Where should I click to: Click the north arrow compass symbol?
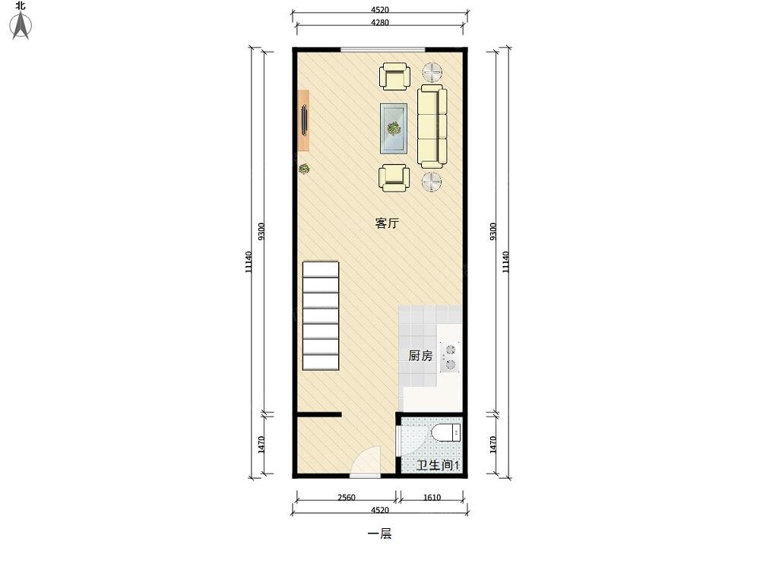[x=21, y=25]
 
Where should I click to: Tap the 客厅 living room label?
[x=388, y=223]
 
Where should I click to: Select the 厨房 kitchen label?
[x=420, y=356]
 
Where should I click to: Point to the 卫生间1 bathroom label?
[x=438, y=465]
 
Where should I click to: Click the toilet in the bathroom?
[x=446, y=432]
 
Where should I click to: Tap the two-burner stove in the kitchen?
[x=450, y=356]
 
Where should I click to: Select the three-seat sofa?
[x=432, y=126]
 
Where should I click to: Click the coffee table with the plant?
[x=393, y=128]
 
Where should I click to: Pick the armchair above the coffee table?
[x=394, y=76]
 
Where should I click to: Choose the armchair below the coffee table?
[x=394, y=177]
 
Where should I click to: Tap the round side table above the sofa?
[x=432, y=73]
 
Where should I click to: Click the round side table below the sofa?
[x=432, y=182]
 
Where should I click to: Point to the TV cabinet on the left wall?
[x=303, y=120]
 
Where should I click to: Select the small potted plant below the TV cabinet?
[x=304, y=169]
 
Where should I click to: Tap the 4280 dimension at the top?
[x=379, y=22]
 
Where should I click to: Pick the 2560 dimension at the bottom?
[x=347, y=497]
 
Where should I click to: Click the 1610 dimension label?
[x=432, y=497]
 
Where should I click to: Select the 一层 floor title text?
[x=379, y=534]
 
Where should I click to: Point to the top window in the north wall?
[x=383, y=49]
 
